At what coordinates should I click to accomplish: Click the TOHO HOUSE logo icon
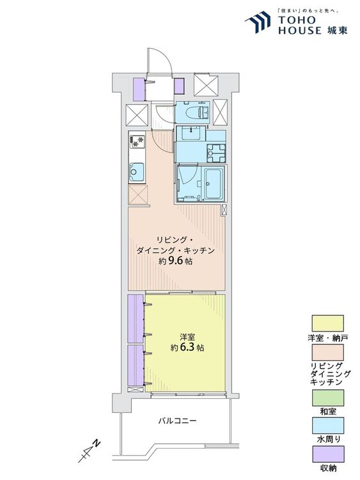258,22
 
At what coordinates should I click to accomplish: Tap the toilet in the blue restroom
200,112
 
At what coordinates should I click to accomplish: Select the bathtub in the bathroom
213,184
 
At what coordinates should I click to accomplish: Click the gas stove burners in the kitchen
137,142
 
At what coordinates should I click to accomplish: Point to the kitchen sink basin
137,172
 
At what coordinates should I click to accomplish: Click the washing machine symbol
216,153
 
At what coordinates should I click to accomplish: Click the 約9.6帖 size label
175,261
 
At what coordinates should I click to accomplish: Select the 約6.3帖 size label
187,348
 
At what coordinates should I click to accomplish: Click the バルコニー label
177,420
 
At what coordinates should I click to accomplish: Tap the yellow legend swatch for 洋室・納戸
327,323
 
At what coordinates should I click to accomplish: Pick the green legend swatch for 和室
327,397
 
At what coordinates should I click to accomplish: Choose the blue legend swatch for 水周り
327,425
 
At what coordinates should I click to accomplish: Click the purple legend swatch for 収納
327,454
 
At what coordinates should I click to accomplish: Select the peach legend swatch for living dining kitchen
327,352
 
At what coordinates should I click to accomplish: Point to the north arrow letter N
97,443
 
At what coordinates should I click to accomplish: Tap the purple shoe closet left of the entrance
139,89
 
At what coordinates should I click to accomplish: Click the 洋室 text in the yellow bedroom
187,338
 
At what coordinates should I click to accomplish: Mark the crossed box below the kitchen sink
138,195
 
